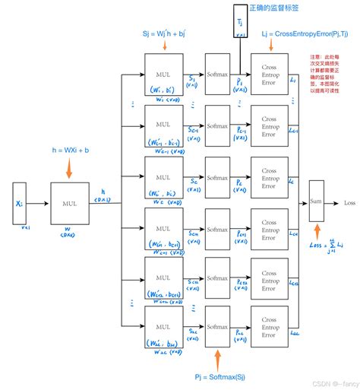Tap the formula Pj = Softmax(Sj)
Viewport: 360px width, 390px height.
click(221, 376)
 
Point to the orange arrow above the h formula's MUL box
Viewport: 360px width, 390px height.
click(69, 168)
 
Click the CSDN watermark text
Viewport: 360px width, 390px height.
click(330, 384)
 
